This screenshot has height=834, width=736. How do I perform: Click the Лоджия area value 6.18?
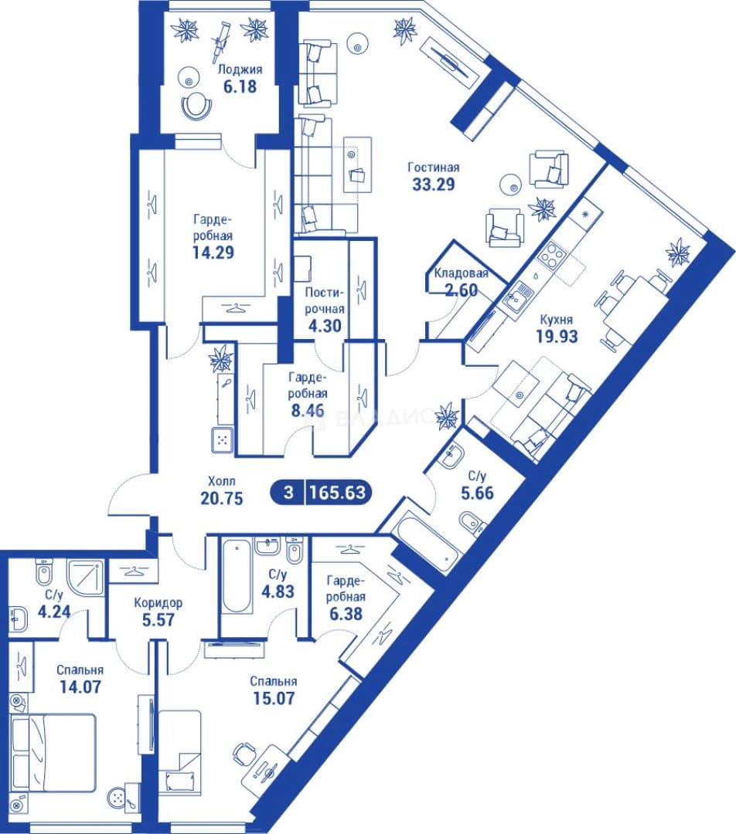[240, 86]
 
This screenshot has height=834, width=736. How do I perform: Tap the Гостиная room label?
[434, 168]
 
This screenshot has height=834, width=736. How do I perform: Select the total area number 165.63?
[338, 492]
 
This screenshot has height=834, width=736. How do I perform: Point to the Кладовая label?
[462, 273]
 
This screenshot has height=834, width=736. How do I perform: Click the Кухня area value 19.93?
[557, 337]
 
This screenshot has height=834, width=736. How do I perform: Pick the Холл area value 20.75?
[222, 498]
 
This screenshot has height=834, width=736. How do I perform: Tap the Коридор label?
[158, 603]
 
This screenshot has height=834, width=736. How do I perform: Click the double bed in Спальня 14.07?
[53, 751]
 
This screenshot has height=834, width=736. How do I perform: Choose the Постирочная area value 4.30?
[325, 326]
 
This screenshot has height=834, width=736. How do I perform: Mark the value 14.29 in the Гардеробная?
[213, 252]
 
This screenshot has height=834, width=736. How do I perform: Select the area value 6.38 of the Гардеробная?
[346, 614]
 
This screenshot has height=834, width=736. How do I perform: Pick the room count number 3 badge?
[288, 492]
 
